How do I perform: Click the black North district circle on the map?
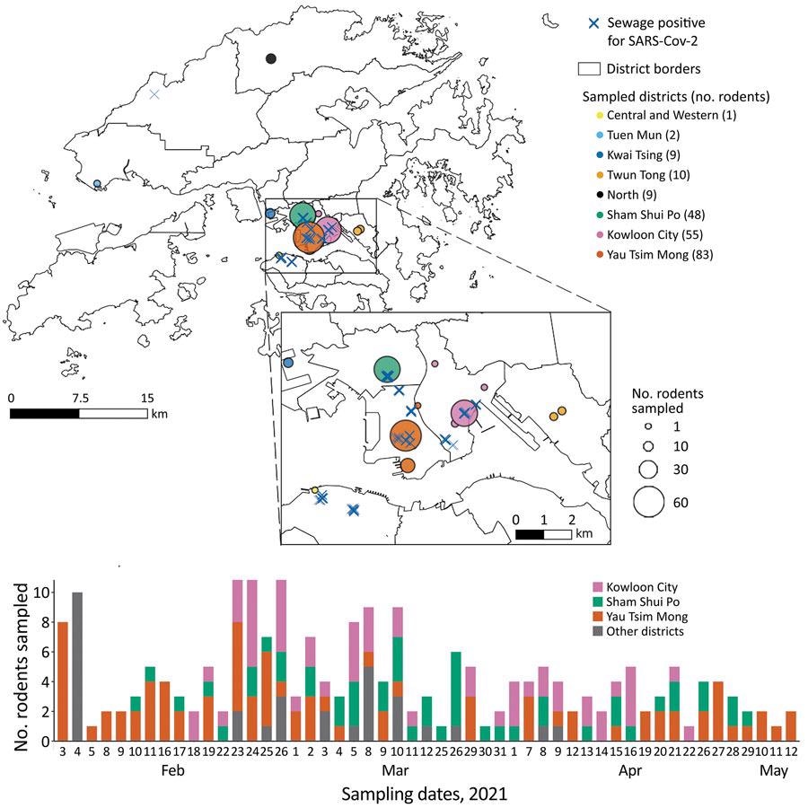click(x=271, y=58)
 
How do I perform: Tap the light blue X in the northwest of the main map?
click(x=154, y=94)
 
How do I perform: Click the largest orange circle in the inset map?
click(x=407, y=436)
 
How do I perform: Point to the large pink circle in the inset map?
click(x=464, y=413)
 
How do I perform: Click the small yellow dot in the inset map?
click(x=314, y=489)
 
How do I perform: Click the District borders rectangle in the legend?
click(x=590, y=68)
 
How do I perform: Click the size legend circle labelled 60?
click(x=647, y=503)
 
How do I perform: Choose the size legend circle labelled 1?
click(x=647, y=426)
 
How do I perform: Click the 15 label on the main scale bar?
click(x=147, y=398)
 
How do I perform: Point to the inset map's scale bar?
click(x=543, y=534)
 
